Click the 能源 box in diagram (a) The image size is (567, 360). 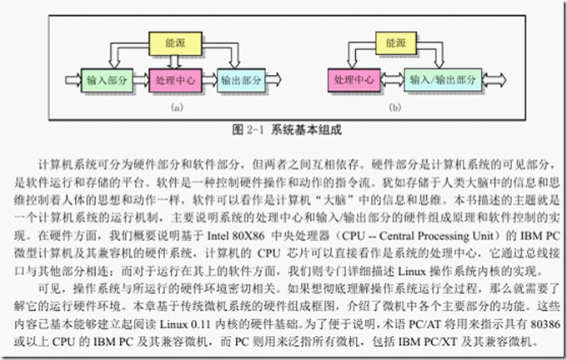click(x=175, y=42)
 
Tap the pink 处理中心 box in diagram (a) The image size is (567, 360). click(x=174, y=81)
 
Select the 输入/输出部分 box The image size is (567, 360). click(x=444, y=81)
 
